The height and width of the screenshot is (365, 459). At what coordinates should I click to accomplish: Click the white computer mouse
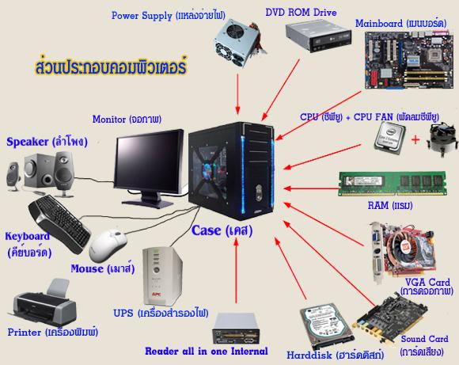coord(106,244)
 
